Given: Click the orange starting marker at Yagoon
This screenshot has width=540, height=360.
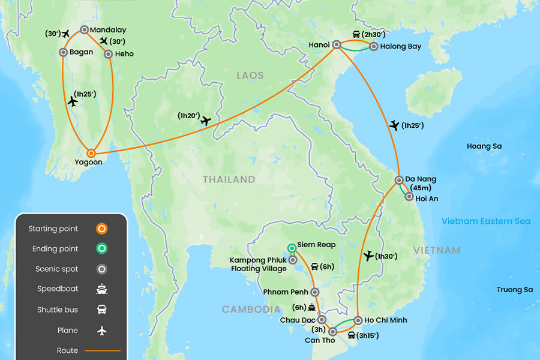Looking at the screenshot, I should point(91,153).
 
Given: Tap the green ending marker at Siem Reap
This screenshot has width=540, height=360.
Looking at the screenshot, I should point(292,247).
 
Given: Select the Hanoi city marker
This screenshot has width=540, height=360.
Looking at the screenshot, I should point(337,44).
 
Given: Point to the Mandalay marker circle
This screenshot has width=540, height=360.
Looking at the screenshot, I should point(84,30).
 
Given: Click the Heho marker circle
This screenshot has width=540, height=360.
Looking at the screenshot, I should point(108,54).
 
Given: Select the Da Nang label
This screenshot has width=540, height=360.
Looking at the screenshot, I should point(421,179).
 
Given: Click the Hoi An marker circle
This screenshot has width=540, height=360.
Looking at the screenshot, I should point(409,196).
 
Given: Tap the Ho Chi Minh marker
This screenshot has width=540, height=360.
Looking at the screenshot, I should point(358,320).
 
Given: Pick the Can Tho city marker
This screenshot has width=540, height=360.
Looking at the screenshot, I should point(332,331).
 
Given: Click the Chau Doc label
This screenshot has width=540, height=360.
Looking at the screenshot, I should point(298,320).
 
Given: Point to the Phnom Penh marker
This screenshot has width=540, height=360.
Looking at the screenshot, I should point(315,292).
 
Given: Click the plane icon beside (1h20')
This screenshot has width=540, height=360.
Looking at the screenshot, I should point(206,121).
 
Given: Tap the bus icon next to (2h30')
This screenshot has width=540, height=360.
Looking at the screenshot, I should point(356,34).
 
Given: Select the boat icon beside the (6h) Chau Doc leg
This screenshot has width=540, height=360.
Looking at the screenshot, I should point(311,307).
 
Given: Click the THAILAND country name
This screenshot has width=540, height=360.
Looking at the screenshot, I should point(229,179).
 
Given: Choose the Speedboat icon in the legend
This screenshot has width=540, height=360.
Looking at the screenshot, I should point(102,289).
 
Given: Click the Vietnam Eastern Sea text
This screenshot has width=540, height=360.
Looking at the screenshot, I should point(486,221).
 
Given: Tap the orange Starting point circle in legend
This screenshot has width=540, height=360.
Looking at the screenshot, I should point(102,229).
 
